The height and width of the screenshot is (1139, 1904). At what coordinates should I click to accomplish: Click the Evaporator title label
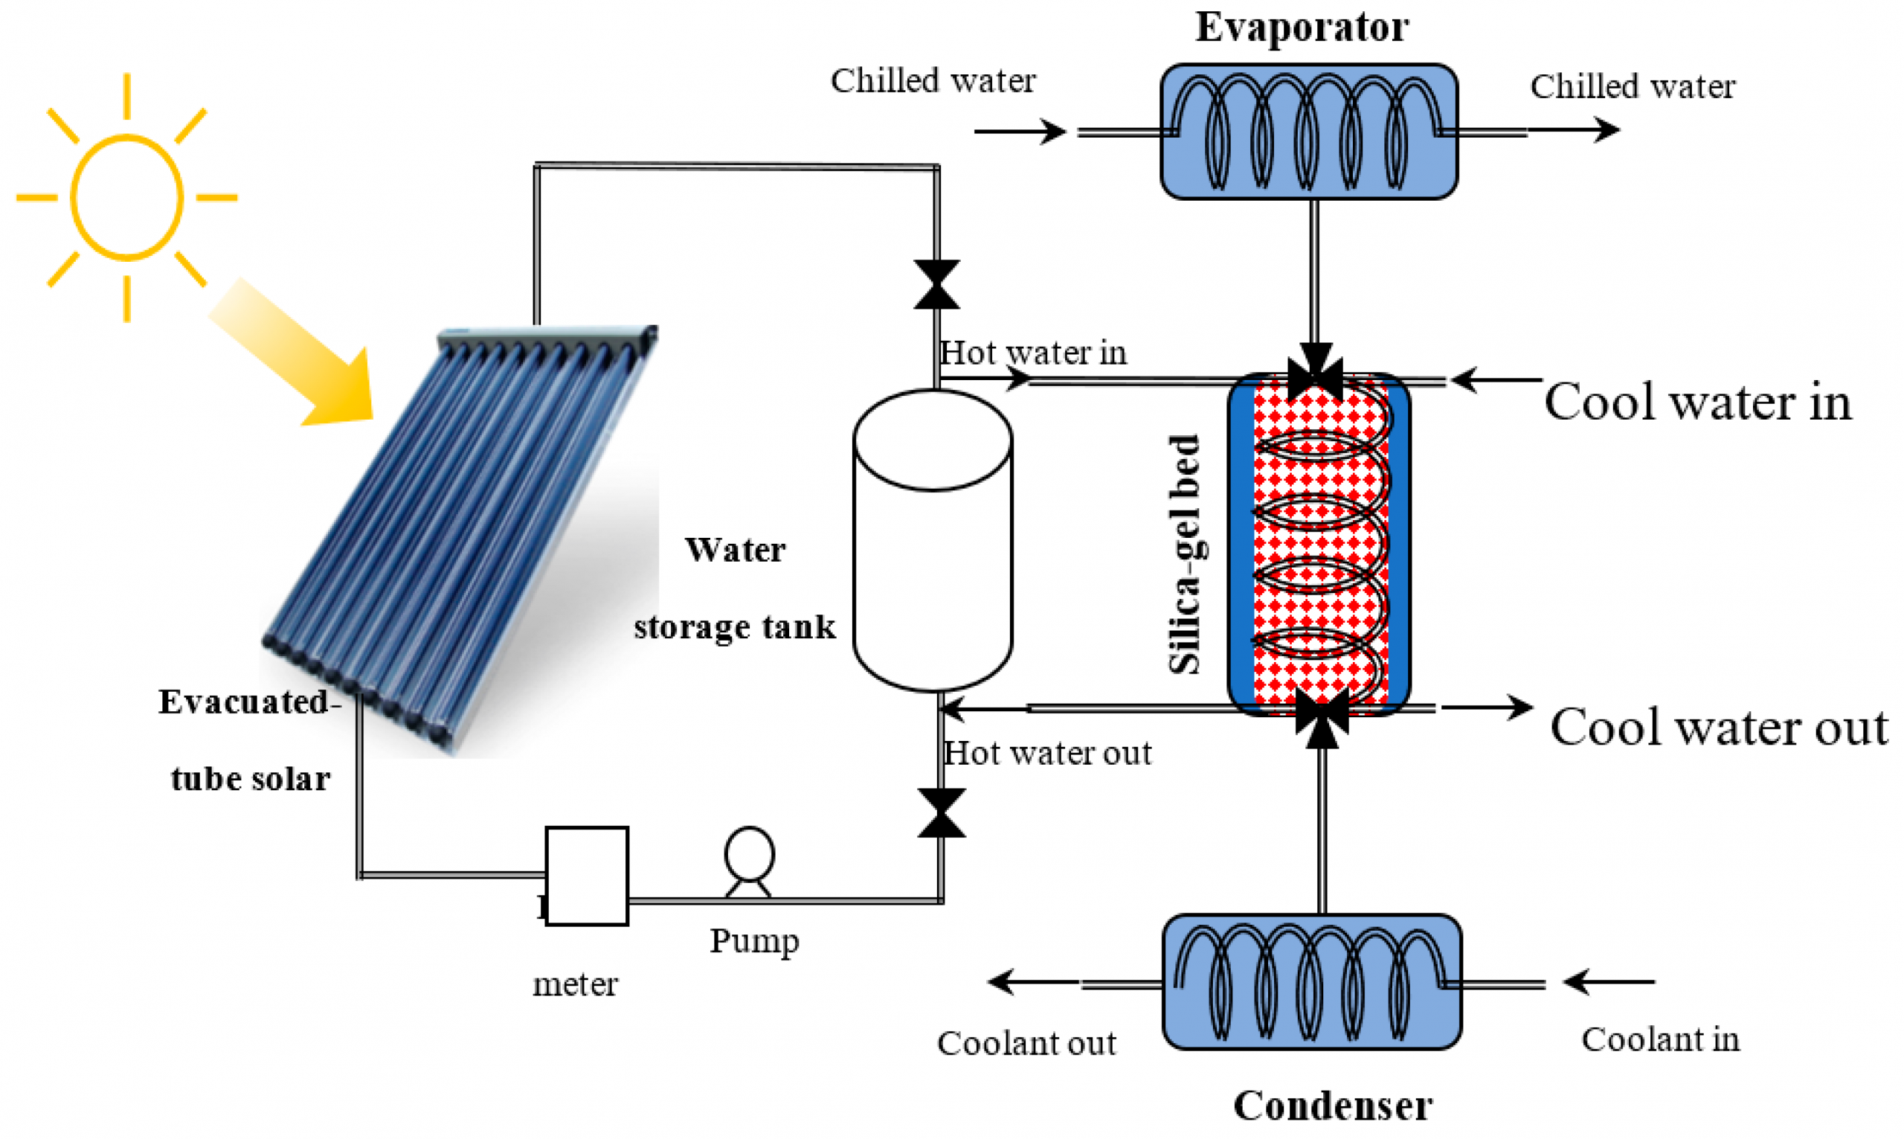click(x=1302, y=28)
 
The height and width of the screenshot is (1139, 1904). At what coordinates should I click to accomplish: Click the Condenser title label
click(x=1333, y=1106)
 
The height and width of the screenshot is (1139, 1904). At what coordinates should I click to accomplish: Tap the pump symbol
click(x=749, y=861)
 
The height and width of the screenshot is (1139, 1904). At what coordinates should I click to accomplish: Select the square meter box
click(x=587, y=876)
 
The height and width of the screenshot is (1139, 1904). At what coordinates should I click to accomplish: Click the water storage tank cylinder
click(x=933, y=541)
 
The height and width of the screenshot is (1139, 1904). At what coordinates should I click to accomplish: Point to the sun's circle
click(x=126, y=197)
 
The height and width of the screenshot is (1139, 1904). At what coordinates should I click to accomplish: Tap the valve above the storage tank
click(x=936, y=285)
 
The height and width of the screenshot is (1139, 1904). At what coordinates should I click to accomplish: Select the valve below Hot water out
click(x=942, y=813)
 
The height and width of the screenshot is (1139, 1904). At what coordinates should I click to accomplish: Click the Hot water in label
click(x=1033, y=353)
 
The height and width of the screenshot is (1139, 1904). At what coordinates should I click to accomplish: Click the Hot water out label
click(x=1047, y=753)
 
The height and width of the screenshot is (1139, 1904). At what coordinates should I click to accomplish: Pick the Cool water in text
click(x=1698, y=402)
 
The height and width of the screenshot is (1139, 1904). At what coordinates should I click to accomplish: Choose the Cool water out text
click(x=1718, y=727)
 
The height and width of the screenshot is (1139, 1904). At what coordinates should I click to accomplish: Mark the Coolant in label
click(x=1660, y=1039)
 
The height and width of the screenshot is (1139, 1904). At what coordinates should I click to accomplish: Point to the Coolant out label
click(x=1026, y=1043)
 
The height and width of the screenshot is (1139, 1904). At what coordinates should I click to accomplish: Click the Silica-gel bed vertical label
click(x=1186, y=554)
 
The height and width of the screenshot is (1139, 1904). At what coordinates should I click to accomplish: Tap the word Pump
click(x=754, y=941)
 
